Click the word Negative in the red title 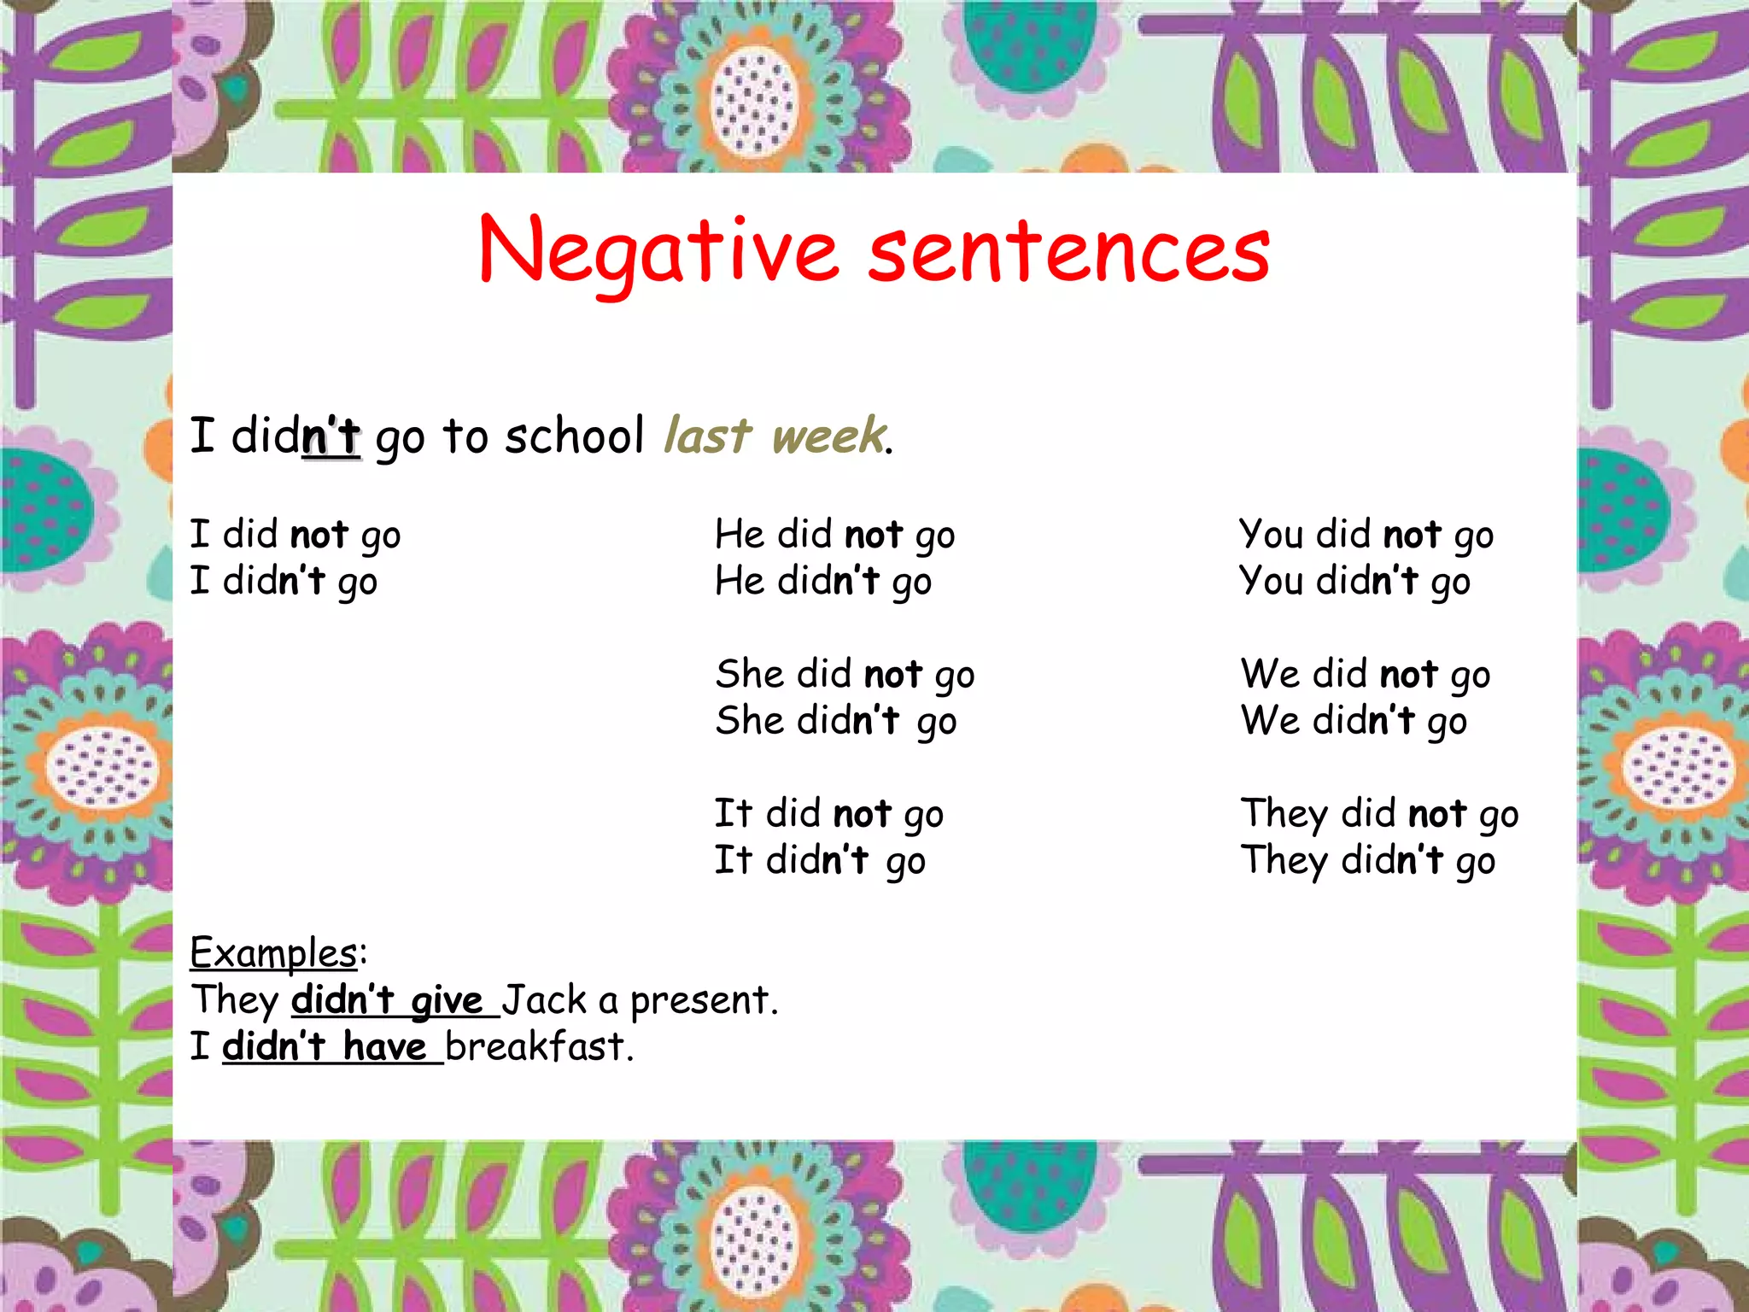click(x=658, y=252)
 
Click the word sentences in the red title click(x=1068, y=252)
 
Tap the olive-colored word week click(x=828, y=436)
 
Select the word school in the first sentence click(x=574, y=436)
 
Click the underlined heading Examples click(x=273, y=952)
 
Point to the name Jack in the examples click(x=544, y=999)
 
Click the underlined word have click(x=384, y=1046)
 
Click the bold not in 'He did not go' click(x=874, y=536)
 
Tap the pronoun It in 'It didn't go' click(x=733, y=860)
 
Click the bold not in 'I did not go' click(x=319, y=536)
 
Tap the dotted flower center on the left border click(x=101, y=769)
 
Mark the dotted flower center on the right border click(x=1676, y=769)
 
